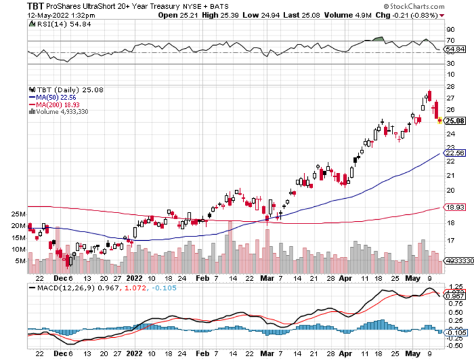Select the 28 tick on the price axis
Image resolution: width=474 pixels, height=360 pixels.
(451, 86)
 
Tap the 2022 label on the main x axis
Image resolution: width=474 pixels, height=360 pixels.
(133, 278)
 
